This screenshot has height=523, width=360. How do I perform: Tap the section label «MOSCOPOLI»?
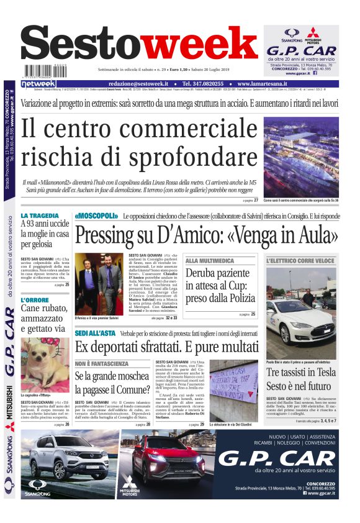[x=96, y=216]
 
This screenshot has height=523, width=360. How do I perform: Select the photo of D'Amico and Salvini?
[x=99, y=283]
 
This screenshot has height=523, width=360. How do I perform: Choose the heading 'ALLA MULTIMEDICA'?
[x=210, y=261]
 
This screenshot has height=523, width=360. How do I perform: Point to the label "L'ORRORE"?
[x=35, y=301]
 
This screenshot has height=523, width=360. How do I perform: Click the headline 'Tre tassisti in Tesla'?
[x=300, y=372]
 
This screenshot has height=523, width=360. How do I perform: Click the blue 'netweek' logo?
[x=38, y=83]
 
